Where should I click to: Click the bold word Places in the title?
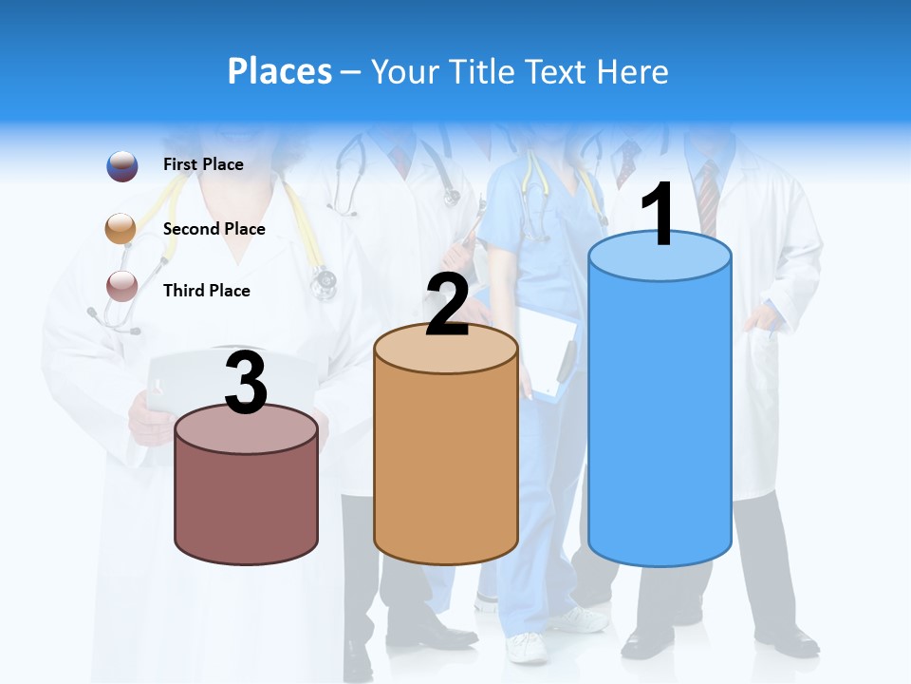click(x=280, y=71)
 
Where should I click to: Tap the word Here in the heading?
click(x=633, y=71)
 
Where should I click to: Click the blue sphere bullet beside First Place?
click(x=122, y=165)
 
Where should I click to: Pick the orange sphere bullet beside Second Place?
click(x=121, y=229)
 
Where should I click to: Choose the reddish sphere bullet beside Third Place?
click(x=122, y=286)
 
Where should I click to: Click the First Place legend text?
click(x=203, y=164)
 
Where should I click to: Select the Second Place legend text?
click(x=214, y=229)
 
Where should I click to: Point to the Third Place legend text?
click(x=206, y=291)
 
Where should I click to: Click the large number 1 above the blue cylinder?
click(x=659, y=215)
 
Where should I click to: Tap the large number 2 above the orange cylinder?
click(x=447, y=304)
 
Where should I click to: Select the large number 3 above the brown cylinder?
click(x=246, y=383)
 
